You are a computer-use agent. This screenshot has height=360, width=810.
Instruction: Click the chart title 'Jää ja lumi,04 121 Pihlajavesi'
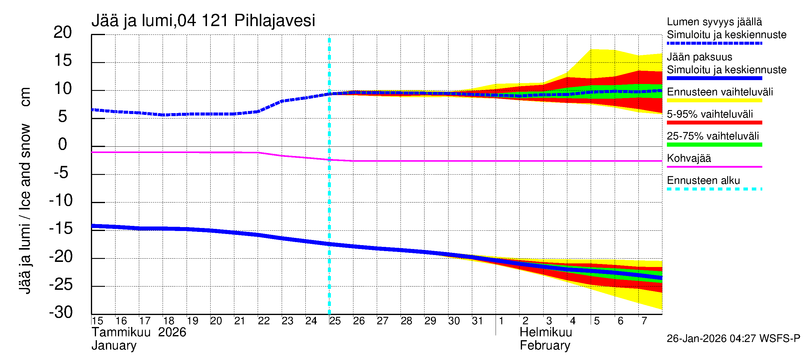coord(203,21)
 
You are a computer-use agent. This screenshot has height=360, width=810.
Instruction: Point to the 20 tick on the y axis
coord(63,32)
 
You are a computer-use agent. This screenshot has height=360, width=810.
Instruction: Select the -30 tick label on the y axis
coord(61,312)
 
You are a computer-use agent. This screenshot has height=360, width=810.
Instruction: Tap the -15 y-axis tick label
coord(61,228)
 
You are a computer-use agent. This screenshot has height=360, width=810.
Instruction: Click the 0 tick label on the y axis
coord(63,144)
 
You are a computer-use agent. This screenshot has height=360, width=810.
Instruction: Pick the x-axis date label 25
coord(335,321)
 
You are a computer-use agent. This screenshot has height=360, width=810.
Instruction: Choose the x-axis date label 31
coord(477,321)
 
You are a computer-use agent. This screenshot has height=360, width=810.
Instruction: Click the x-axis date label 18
coord(169,321)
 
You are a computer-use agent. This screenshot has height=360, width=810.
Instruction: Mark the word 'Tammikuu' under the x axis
coord(121,332)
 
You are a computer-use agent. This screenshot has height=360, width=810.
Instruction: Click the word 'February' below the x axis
coord(545,346)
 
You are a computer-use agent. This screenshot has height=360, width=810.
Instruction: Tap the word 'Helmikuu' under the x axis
coord(546,332)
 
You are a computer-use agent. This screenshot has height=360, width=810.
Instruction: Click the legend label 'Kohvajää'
coord(688,158)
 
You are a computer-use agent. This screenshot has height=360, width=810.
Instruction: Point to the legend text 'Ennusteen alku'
coord(703,181)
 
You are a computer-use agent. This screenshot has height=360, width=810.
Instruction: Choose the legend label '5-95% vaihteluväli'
coord(710,114)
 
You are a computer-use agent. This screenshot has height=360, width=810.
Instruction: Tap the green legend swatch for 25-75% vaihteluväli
coord(714,145)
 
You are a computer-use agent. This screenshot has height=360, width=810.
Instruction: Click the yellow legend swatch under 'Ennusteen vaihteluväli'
coord(714,100)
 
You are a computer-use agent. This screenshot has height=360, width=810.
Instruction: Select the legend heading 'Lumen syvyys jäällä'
coord(714,22)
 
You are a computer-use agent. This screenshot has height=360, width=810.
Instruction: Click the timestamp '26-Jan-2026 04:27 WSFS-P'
coord(733,339)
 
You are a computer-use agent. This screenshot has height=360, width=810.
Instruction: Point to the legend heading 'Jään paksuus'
coord(699,57)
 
